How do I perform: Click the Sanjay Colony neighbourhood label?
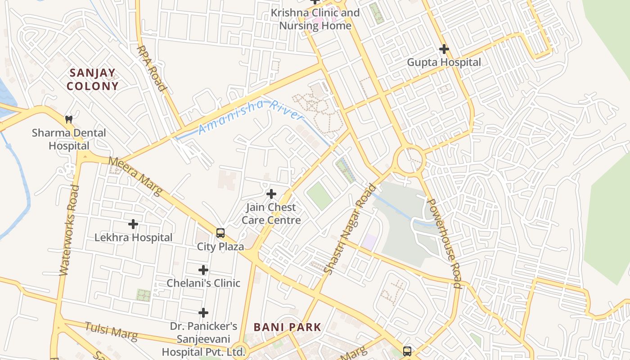[93, 79]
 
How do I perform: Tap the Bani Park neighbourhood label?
[288, 327]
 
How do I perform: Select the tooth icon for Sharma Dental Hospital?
[69, 119]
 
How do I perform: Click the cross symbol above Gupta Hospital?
[444, 49]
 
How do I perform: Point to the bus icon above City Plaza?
[220, 233]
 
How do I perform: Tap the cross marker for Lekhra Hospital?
[133, 224]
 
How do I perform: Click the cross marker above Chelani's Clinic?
[203, 270]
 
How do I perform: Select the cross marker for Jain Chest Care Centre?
[271, 194]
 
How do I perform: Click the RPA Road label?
[152, 68]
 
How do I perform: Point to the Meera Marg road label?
[135, 176]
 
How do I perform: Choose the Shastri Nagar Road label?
[350, 229]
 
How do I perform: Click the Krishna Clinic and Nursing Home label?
[315, 19]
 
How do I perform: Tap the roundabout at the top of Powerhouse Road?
[409, 159]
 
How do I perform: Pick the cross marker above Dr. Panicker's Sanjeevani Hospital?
[203, 312]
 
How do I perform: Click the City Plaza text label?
[220, 247]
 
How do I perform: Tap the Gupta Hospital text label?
[444, 62]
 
